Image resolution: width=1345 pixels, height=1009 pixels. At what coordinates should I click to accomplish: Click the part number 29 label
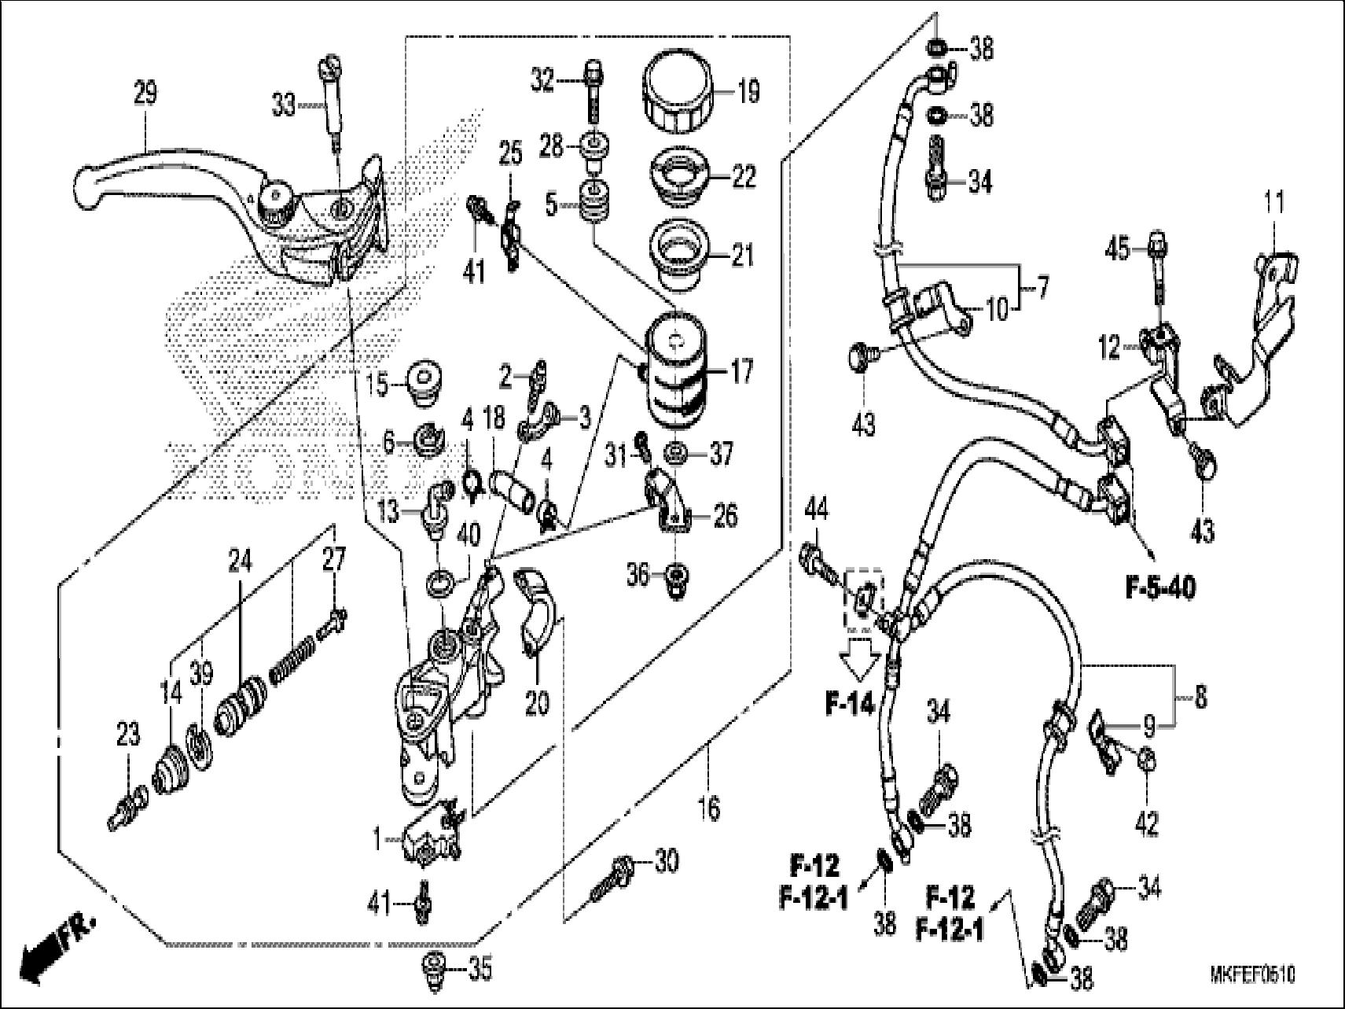pos(145,94)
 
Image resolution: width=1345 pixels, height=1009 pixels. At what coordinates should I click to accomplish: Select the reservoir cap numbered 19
pos(678,93)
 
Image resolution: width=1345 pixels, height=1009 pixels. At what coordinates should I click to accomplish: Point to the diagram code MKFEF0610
pos(1252,975)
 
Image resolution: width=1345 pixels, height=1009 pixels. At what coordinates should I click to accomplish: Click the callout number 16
pos(708,808)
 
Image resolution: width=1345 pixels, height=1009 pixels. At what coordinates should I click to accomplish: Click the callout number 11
pos(1274,203)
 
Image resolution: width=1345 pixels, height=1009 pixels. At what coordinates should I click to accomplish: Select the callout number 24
pos(241,561)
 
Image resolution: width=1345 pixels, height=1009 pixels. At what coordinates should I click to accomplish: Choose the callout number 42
pos(1146,823)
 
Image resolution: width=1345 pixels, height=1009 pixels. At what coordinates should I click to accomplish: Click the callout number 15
pos(377,386)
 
